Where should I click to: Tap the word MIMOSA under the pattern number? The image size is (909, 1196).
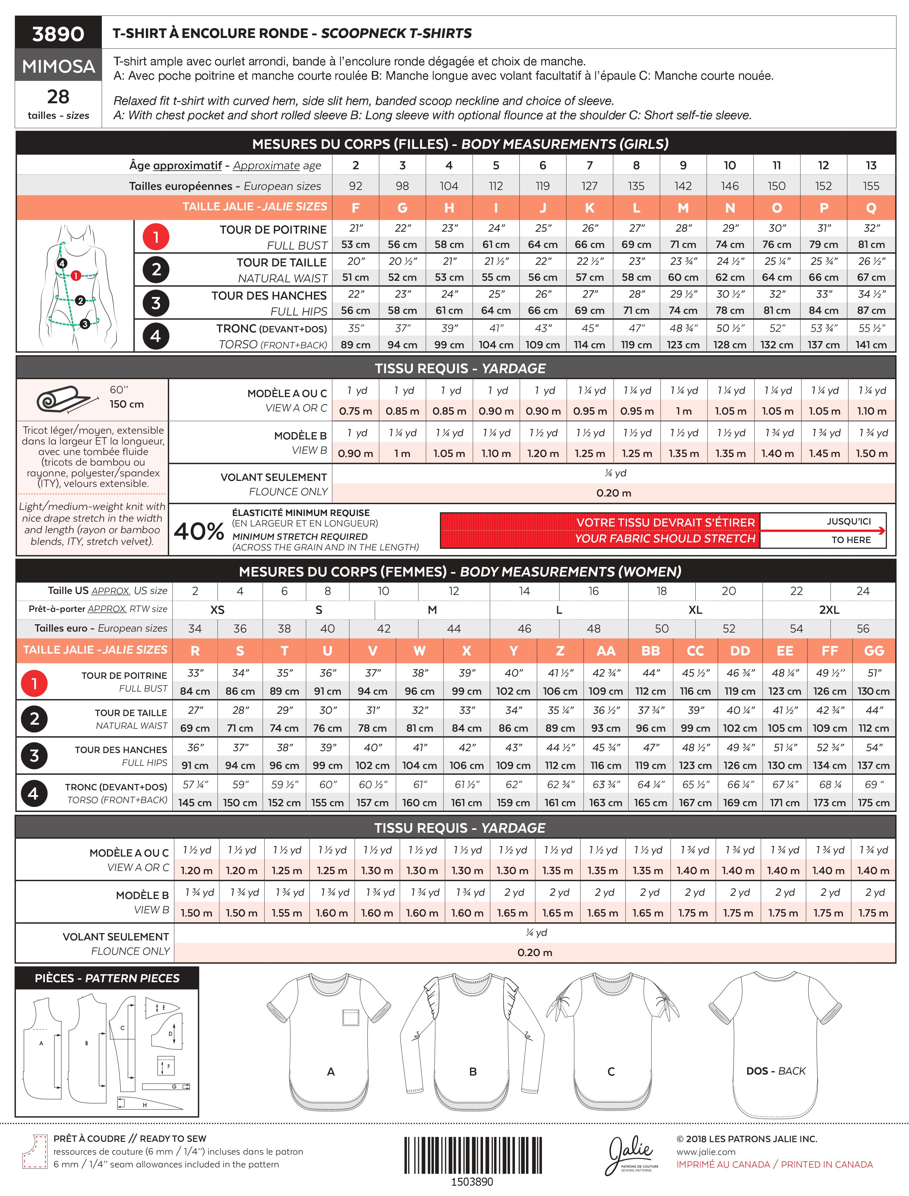59,66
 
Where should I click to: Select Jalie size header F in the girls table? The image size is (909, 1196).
356,208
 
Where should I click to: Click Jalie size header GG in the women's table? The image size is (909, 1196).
874,651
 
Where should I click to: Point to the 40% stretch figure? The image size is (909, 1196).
199,531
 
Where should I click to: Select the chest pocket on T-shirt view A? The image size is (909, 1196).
351,1018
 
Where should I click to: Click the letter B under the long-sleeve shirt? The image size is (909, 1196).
473,1071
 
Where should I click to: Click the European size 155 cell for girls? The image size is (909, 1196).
870,186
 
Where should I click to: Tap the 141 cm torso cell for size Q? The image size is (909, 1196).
870,345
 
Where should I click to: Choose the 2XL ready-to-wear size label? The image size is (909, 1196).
828,610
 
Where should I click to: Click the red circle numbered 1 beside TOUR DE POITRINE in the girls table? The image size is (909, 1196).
156,237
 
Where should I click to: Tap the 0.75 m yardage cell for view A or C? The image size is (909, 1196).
356,411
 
